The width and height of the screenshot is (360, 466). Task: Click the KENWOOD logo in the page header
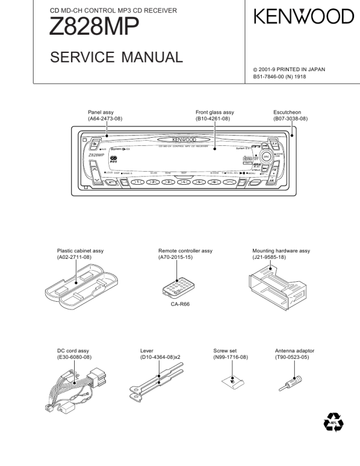click(304, 18)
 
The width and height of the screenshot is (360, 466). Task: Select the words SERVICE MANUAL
click(116, 57)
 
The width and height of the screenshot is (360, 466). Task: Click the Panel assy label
click(101, 112)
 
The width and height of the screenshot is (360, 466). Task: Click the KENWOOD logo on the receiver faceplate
click(184, 139)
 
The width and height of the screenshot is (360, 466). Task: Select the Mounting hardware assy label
click(281, 251)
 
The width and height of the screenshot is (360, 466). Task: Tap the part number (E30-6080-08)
click(74, 357)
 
